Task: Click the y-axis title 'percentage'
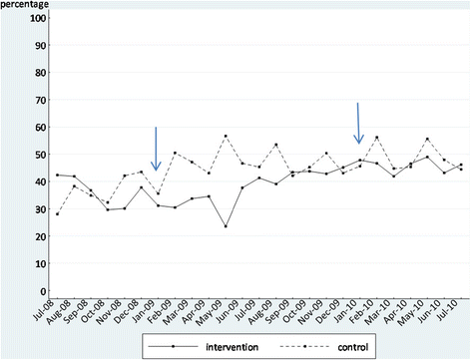click(x=24, y=5)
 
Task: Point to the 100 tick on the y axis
click(x=38, y=18)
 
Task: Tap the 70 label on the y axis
click(x=41, y=100)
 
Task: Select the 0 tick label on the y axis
click(x=43, y=291)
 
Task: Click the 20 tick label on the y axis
click(x=41, y=236)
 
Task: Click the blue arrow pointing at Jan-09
click(x=156, y=149)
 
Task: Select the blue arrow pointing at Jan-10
click(x=358, y=124)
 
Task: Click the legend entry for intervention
click(x=204, y=347)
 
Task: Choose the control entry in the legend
click(x=324, y=347)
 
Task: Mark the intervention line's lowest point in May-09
click(x=226, y=226)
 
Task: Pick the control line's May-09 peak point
click(x=226, y=136)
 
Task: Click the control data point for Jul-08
click(x=57, y=214)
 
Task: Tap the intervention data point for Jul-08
click(x=57, y=175)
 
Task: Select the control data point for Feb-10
click(x=377, y=137)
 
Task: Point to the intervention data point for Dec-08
click(x=141, y=187)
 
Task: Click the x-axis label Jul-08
click(x=43, y=310)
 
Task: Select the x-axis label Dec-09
click(x=327, y=312)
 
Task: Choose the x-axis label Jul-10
click(x=448, y=310)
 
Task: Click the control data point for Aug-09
click(x=276, y=145)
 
